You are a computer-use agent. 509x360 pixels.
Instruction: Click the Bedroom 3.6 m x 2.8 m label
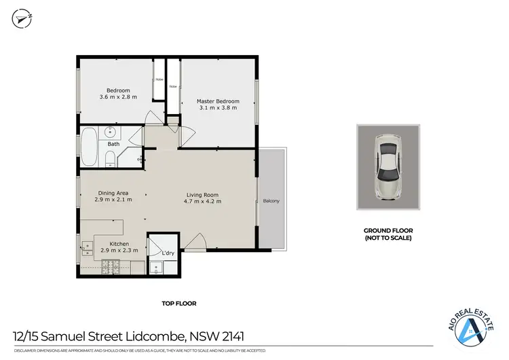point(122,93)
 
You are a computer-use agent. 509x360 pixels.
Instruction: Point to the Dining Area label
point(113,196)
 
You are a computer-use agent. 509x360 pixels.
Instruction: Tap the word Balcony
point(271,200)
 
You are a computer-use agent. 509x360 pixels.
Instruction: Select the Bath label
point(113,144)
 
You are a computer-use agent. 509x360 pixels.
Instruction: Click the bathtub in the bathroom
point(90,146)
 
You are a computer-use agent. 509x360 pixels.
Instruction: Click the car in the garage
point(388,166)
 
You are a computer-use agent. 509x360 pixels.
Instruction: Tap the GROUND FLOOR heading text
point(388,230)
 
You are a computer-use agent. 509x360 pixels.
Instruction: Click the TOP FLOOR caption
point(179,304)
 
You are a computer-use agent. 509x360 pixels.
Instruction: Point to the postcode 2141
point(231,336)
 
